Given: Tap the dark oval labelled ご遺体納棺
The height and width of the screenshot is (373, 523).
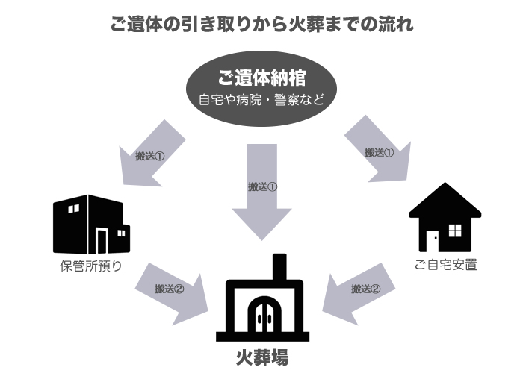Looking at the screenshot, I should tap(261, 86).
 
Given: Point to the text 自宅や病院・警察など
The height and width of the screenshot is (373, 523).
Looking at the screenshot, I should tap(261, 99).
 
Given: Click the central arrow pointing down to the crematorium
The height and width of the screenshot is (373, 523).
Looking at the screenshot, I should tap(261, 190).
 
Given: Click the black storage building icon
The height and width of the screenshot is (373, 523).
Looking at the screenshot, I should tap(90, 224).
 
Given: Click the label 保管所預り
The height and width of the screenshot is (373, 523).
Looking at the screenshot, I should tap(91, 265).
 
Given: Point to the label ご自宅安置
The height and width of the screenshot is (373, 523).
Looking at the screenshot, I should tap(445, 265).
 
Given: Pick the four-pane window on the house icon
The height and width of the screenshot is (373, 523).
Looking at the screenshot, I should tap(455, 229).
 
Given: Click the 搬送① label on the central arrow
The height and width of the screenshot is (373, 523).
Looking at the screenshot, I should tap(262, 186).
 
